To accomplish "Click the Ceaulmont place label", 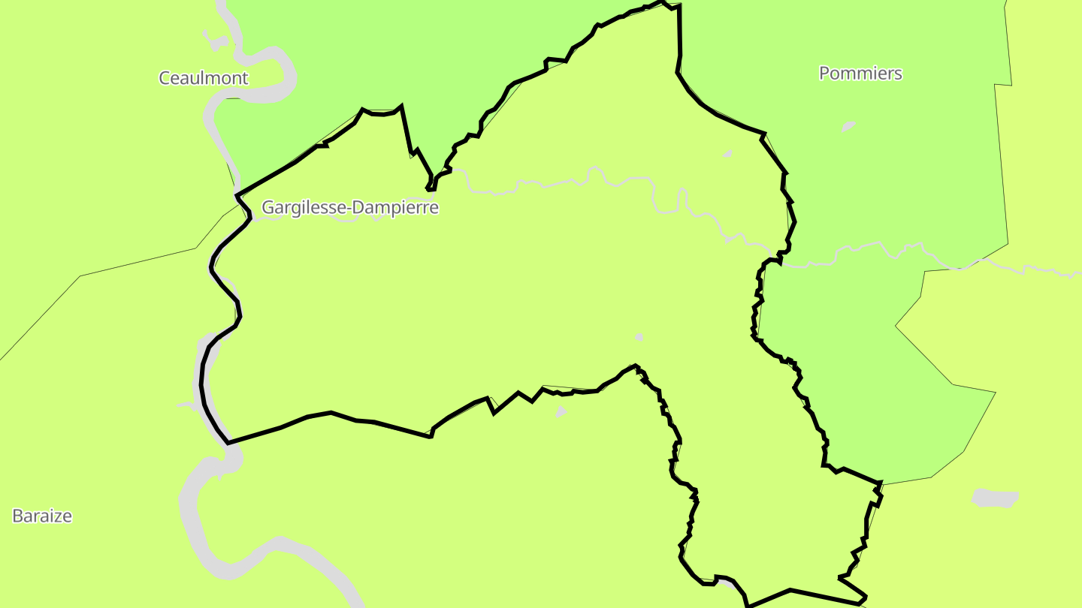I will pos(203,78).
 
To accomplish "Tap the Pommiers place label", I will pos(860,74).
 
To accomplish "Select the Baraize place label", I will pos(42,516).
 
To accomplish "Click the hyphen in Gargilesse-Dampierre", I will pos(349,209).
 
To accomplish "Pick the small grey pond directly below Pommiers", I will pos(848,126).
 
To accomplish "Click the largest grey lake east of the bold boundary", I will pos(995,498).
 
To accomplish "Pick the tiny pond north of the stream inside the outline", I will pos(727,154).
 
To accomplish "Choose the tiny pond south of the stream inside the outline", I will pos(639,337).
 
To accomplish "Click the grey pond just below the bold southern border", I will pos(561,411).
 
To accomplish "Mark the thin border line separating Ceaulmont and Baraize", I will pos(135,262).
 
